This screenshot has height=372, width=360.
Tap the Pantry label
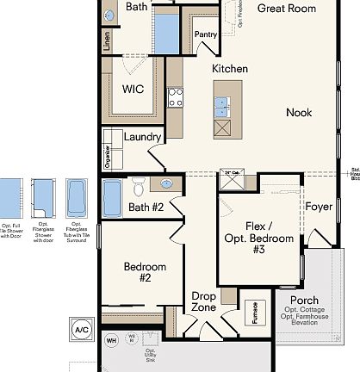click(x=206, y=35)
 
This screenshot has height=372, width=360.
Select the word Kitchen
click(x=230, y=68)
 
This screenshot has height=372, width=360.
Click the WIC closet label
click(x=133, y=88)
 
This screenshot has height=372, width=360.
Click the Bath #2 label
click(x=146, y=207)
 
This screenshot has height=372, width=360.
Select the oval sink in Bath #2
click(x=167, y=183)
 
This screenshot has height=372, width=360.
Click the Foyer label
click(x=319, y=207)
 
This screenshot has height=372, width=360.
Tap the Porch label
click(x=297, y=301)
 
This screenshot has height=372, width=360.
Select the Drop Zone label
click(x=203, y=301)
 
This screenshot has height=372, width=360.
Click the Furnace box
click(x=254, y=311)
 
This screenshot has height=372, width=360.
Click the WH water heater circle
click(x=111, y=341)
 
